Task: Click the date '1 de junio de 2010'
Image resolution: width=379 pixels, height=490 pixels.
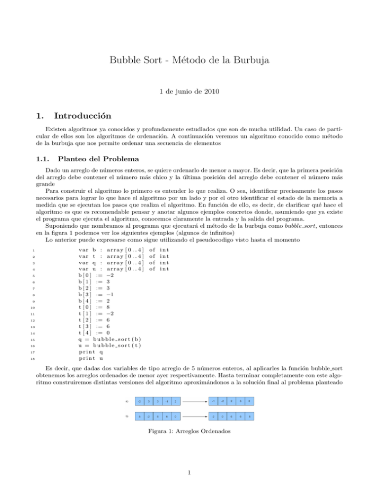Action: (189, 91)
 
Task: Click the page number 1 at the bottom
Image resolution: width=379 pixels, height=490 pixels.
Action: (189, 474)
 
